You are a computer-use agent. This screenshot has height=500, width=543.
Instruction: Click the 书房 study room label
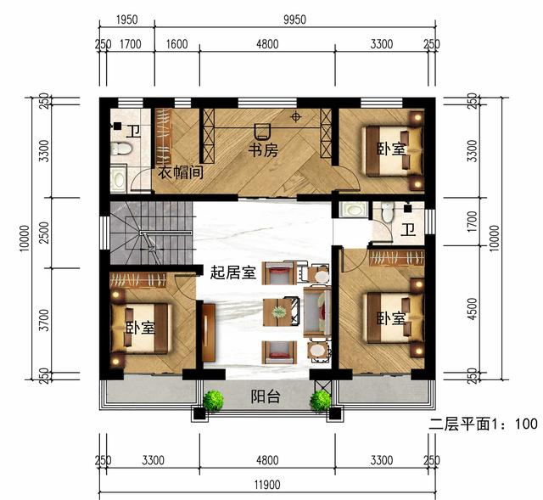pyautogui.click(x=263, y=150)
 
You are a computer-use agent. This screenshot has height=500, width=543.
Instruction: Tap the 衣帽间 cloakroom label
pyautogui.click(x=180, y=172)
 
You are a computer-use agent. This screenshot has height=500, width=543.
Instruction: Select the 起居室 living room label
pyautogui.click(x=232, y=273)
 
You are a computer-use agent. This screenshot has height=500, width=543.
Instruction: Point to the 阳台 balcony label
pyautogui.click(x=265, y=396)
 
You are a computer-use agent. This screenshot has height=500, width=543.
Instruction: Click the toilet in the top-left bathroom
pyautogui.click(x=120, y=149)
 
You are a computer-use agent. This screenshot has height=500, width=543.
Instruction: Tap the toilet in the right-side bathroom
pyautogui.click(x=387, y=211)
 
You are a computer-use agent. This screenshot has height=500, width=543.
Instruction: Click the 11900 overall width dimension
pyautogui.click(x=267, y=485)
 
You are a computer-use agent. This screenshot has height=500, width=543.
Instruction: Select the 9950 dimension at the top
pyautogui.click(x=294, y=20)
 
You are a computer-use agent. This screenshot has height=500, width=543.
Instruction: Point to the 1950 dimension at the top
pyautogui.click(x=126, y=20)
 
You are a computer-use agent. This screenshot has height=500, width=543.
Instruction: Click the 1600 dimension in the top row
pyautogui.click(x=176, y=44)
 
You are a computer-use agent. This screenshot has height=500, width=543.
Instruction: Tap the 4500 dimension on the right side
pyautogui.click(x=472, y=308)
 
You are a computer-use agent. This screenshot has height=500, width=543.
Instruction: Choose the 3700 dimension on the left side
pyautogui.click(x=44, y=320)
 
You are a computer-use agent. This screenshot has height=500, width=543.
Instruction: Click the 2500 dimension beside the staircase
pyautogui.click(x=44, y=233)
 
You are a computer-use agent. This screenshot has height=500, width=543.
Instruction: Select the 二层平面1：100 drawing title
pyautogui.click(x=483, y=424)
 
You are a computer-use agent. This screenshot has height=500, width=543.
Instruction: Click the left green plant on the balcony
pyautogui.click(x=213, y=401)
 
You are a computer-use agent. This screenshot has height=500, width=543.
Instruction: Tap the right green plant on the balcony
pyautogui.click(x=321, y=401)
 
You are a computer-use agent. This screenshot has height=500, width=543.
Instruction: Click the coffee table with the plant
pyautogui.click(x=277, y=312)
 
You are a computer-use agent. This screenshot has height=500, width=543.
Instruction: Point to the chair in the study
pyautogui.click(x=262, y=132)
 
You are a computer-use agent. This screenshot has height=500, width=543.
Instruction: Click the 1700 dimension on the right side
pyautogui.click(x=472, y=222)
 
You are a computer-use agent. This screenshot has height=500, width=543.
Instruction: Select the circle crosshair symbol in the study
pyautogui.click(x=295, y=117)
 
